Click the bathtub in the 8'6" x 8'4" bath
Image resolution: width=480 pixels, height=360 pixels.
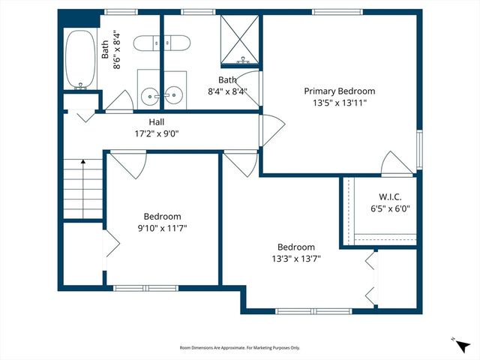(x=77, y=60)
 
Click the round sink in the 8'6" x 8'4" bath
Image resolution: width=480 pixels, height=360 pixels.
(x=151, y=94)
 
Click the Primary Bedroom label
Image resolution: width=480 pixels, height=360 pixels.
(x=339, y=91)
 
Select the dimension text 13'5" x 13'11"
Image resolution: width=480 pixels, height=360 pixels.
(x=339, y=103)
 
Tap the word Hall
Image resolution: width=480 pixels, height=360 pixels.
(x=156, y=121)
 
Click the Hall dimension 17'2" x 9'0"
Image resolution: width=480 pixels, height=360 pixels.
(x=156, y=133)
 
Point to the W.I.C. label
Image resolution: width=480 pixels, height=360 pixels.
(x=379, y=196)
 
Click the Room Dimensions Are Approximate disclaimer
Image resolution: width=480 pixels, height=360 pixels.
(x=239, y=348)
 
